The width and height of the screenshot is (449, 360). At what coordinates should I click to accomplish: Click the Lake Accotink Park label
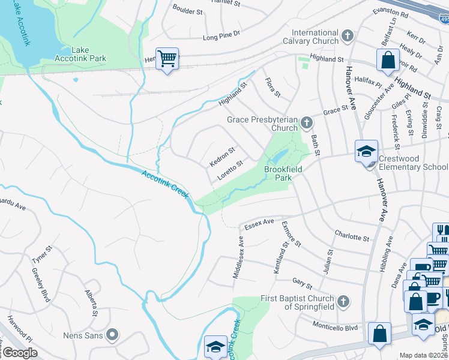pyautogui.click(x=88, y=55)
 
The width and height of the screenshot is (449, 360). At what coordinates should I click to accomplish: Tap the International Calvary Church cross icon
pyautogui.click(x=347, y=37)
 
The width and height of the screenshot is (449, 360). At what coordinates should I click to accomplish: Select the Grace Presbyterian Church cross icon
pyautogui.click(x=307, y=124)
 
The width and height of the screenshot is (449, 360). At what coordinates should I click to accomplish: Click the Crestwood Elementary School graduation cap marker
pyautogui.click(x=366, y=152)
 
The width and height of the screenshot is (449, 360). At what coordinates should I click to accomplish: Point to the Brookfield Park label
pyautogui.click(x=283, y=174)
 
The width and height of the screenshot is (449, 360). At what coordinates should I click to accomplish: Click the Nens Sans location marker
pyautogui.click(x=112, y=334)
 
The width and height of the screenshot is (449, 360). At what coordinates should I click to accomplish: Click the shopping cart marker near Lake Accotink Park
pyautogui.click(x=167, y=59)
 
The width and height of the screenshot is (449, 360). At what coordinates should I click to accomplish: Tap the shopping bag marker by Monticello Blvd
pyautogui.click(x=379, y=334)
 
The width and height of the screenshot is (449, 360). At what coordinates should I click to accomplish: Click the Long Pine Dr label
pyautogui.click(x=221, y=37)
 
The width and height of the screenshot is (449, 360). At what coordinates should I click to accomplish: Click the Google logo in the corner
pyautogui.click(x=20, y=353)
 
